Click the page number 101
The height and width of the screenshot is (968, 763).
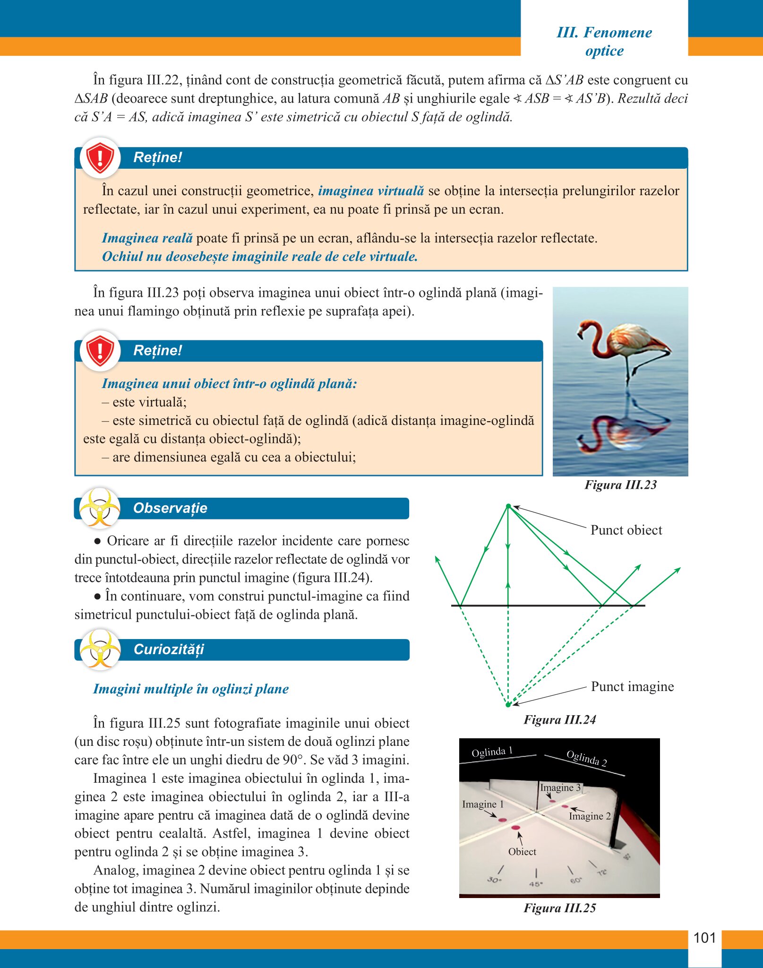(x=704, y=938)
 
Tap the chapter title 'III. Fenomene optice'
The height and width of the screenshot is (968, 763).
(x=604, y=42)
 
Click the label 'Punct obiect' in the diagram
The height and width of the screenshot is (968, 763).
(x=626, y=530)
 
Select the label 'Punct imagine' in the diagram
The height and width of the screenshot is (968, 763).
(x=632, y=687)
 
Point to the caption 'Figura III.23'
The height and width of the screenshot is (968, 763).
(x=620, y=485)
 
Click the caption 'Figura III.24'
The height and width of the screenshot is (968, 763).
(x=559, y=720)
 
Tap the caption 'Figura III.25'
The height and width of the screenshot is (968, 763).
(x=559, y=908)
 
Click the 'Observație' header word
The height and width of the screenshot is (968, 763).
(x=170, y=508)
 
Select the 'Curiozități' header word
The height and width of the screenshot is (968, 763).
(x=169, y=649)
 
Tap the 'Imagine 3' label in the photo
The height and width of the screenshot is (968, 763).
(x=560, y=787)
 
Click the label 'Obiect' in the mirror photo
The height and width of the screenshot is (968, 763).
(x=522, y=852)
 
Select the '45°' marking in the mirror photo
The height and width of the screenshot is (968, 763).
(x=536, y=884)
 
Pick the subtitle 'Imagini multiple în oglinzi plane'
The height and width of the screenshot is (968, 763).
(x=191, y=689)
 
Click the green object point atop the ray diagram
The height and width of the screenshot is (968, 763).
(x=508, y=506)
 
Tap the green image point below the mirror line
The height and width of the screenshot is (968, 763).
(x=508, y=705)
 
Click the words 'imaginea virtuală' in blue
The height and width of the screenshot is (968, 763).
(x=371, y=191)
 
